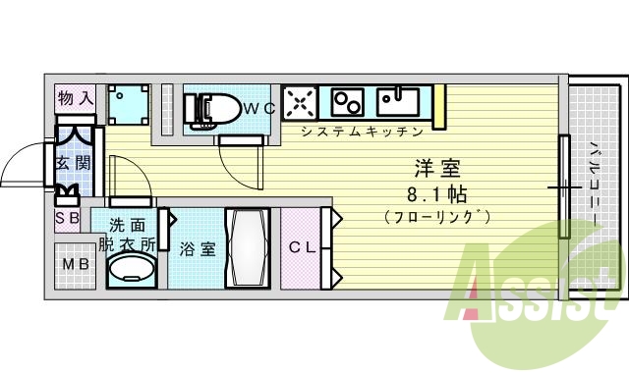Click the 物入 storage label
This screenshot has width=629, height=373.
coord(76,98)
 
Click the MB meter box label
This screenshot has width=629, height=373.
coord(75,265)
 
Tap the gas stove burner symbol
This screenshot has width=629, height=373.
coord(299,102)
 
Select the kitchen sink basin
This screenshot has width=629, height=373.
coord(399,99)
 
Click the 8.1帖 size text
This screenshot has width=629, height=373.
coord(436,192)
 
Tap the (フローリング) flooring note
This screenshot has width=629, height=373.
coord(436,216)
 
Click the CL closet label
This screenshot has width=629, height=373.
coord(302,247)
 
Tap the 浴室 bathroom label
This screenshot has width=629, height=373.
coord(198,248)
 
